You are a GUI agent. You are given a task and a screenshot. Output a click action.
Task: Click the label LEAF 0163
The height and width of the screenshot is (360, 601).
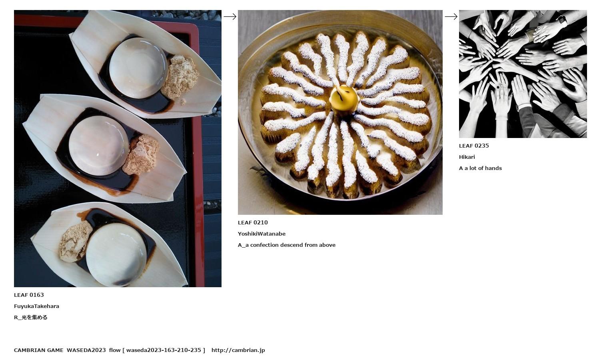coord(29,295)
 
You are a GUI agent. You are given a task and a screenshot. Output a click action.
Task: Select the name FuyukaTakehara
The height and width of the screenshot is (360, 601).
coord(36,306)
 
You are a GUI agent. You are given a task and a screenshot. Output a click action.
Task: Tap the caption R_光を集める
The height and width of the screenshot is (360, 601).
coord(30,317)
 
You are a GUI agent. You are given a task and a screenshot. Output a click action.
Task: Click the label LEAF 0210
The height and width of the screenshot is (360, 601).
coord(253,222)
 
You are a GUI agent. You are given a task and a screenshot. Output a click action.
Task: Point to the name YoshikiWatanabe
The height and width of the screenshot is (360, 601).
coord(262,234)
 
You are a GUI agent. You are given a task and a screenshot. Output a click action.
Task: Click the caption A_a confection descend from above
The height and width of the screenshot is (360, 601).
coord(287,245)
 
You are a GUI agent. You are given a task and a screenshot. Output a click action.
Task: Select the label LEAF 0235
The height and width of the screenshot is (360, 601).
coord(474,146)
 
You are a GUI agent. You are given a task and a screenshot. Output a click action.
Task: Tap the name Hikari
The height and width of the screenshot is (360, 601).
coord(467,157)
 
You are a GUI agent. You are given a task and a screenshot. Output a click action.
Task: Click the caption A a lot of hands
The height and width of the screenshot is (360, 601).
coord(480,168)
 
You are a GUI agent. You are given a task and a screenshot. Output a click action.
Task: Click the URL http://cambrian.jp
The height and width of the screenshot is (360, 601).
coord(238,350)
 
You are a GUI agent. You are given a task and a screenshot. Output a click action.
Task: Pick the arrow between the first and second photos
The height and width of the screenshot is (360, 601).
coord(230,17)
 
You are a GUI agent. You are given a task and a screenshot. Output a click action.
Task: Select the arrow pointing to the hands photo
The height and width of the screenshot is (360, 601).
coord(451,17)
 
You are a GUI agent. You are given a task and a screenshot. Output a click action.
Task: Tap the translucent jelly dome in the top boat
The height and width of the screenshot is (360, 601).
coord(138,68)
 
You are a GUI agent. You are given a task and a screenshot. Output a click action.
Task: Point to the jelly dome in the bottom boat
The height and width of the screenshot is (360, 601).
coord(116,254)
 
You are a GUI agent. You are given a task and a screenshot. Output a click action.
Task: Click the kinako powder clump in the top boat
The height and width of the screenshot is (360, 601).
coord(180,77)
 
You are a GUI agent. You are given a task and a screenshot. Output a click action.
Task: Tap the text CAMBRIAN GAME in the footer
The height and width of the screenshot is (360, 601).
coord(39,350)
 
